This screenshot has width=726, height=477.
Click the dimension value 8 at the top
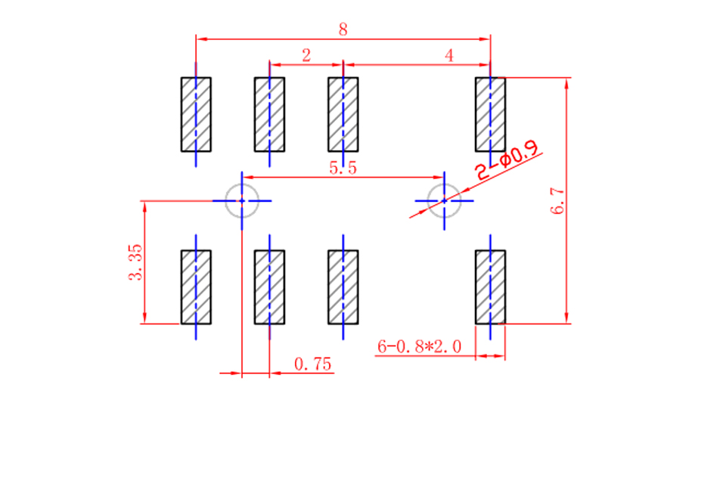[343, 29]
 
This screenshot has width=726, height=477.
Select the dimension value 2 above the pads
[306, 55]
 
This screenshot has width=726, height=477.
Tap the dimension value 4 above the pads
[449, 55]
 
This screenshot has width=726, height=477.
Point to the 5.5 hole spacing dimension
[343, 168]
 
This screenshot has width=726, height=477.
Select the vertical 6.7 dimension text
[557, 201]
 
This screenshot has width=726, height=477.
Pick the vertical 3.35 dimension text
[135, 262]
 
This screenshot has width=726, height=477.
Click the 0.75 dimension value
[313, 364]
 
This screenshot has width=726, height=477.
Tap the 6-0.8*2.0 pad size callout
[420, 346]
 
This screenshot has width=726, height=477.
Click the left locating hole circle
[242, 184]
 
